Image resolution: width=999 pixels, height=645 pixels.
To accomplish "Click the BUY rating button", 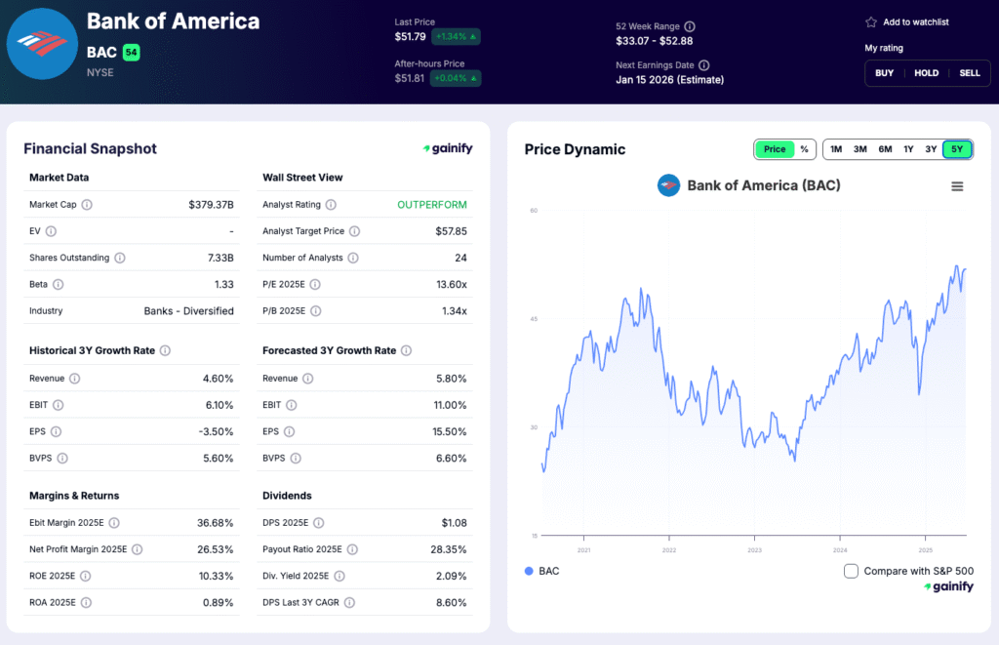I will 884,73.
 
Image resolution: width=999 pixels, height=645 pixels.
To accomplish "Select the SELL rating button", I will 969,73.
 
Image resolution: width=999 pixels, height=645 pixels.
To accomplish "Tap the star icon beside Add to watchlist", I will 871,21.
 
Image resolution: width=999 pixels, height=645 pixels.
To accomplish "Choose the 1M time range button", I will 836,149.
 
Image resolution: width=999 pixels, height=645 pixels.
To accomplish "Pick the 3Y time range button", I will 931,149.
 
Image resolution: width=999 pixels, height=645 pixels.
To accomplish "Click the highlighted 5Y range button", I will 957,149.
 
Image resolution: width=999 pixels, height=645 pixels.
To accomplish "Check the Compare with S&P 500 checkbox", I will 851,571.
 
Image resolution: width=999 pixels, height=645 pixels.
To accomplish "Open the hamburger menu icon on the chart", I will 957,186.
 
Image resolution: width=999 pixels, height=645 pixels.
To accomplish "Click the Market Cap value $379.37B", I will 211,205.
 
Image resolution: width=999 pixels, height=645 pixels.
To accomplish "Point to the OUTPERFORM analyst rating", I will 431,205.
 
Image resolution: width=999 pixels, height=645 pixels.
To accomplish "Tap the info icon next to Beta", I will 58,284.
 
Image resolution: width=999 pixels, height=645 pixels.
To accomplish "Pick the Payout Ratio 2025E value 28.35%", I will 448,549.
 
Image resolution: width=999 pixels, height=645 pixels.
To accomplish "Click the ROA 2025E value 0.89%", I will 216,602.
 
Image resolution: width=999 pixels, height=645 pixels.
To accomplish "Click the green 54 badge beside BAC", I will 131,52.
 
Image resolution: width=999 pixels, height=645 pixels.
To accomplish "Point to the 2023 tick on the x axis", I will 754,549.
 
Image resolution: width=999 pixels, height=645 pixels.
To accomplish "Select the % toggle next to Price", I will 804,149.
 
